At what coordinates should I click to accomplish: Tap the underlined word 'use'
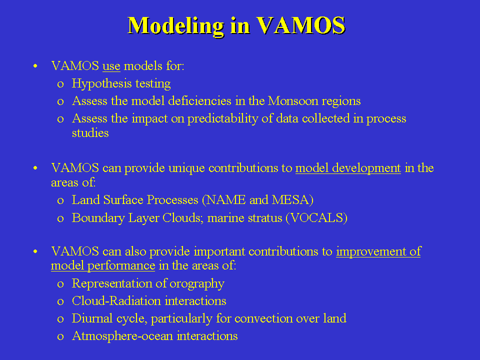(x=111, y=66)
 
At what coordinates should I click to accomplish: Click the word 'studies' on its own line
(x=90, y=133)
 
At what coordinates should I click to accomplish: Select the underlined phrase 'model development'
(x=348, y=168)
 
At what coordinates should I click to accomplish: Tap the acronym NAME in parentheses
(x=226, y=200)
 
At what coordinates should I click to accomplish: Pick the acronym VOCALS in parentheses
(x=316, y=218)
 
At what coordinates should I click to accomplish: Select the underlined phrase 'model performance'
(x=103, y=265)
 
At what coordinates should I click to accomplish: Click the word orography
(x=197, y=284)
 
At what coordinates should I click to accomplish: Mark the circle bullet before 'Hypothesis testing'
(x=60, y=84)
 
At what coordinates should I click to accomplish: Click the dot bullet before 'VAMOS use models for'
(x=35, y=66)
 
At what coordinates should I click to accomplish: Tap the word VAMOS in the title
(x=300, y=25)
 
